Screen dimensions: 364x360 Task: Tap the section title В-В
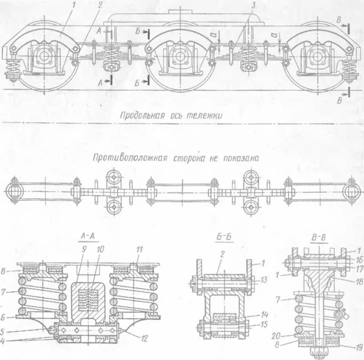coord(318,238)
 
